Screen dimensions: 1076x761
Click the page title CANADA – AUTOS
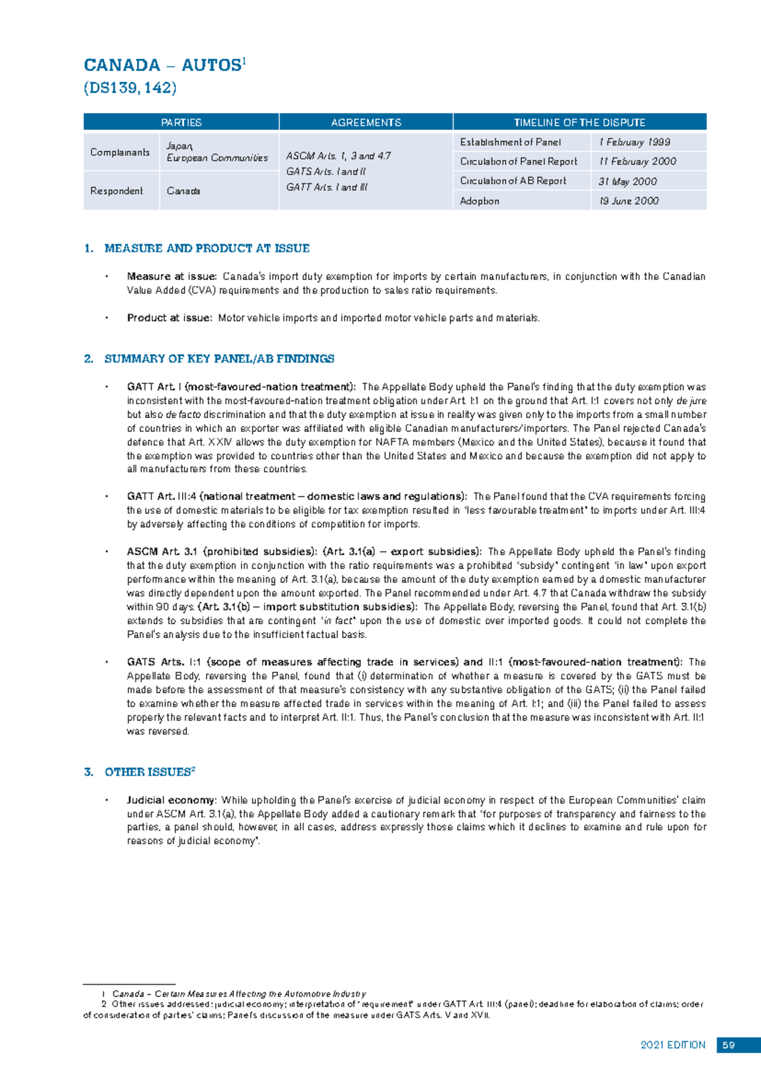point(164,65)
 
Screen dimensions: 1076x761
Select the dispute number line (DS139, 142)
point(130,88)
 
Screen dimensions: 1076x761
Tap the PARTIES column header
point(181,122)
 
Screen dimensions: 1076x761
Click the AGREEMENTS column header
point(366,122)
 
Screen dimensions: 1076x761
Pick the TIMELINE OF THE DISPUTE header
point(579,122)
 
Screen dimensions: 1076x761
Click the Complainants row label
point(120,152)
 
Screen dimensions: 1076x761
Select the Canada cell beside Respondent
point(183,191)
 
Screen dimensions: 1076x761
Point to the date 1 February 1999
point(634,142)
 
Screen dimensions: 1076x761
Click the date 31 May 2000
point(627,181)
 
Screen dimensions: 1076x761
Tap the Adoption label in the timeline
point(479,201)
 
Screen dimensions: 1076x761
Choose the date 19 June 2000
point(628,201)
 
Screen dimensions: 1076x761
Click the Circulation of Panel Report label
point(518,162)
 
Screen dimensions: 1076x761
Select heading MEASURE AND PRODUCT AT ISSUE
point(207,249)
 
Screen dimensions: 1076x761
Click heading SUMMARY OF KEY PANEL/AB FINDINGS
point(219,359)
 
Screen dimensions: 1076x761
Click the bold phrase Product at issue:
point(169,318)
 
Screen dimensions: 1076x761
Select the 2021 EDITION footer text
point(673,1045)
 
